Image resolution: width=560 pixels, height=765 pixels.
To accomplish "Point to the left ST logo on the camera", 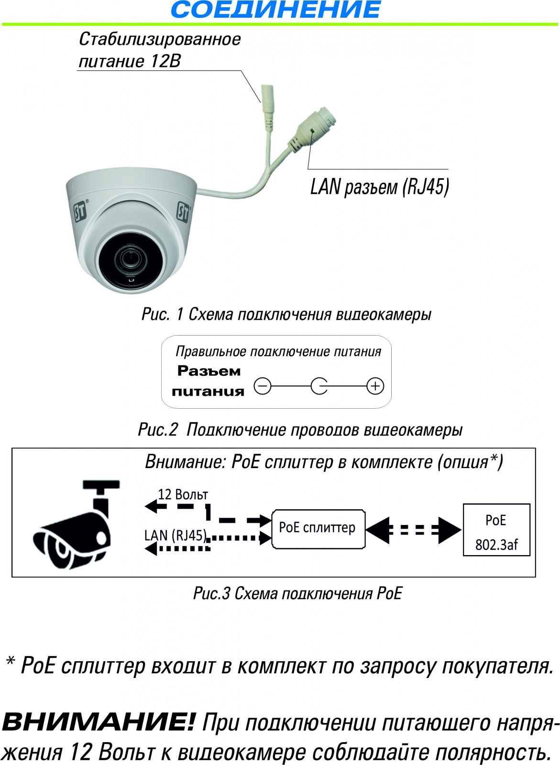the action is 81,210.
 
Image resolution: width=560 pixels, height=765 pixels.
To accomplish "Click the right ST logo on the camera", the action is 183,212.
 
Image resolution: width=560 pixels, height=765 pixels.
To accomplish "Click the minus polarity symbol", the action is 263,386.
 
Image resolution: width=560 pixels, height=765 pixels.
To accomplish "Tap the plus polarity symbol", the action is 375,386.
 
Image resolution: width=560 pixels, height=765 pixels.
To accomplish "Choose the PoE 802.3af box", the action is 496,530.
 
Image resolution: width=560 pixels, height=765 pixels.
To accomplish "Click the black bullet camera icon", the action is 77,524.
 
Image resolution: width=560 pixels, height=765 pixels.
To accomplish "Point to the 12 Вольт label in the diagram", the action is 183,494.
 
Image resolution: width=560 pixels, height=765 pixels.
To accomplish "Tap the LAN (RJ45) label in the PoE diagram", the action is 176,535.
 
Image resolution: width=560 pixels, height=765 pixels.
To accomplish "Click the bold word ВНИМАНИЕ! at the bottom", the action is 98,722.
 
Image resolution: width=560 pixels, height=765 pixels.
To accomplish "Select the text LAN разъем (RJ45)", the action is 380,187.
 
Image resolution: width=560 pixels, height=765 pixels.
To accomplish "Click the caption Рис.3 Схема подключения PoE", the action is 297,593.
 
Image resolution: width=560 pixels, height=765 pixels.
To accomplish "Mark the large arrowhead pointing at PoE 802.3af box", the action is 450,530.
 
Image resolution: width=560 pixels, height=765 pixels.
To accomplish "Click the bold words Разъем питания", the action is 208,381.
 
